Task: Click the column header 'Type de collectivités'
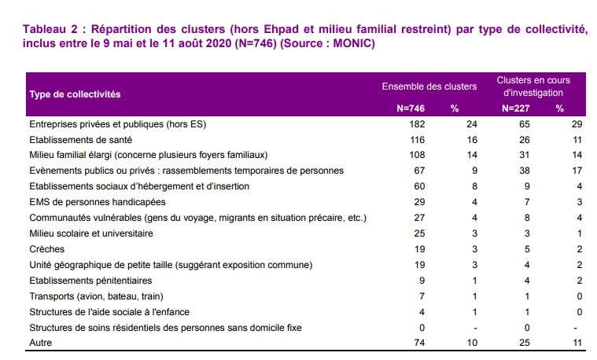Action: coord(75,94)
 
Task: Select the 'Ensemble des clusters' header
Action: coord(429,86)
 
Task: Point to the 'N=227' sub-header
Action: coord(515,108)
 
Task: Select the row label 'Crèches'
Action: coord(46,248)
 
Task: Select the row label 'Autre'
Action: coord(41,343)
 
